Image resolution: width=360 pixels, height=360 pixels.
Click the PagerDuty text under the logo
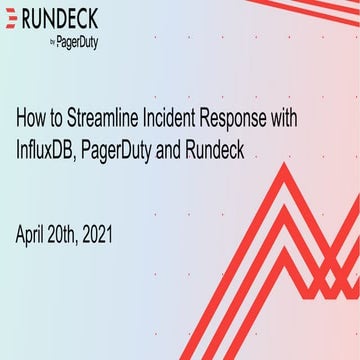click(x=81, y=43)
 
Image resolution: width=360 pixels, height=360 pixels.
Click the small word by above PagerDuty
click(x=53, y=43)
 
